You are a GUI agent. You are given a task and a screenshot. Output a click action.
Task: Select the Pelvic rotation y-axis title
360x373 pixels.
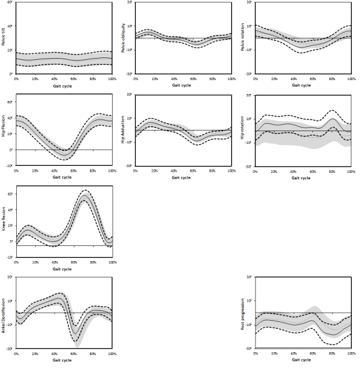244,39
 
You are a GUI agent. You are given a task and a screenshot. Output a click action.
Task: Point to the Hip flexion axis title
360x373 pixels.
3,131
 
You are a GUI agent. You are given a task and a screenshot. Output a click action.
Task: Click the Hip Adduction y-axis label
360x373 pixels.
123,131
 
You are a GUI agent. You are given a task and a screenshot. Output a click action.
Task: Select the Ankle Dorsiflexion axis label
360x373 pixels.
3,315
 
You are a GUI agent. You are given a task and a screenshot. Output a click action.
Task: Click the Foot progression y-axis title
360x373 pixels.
244,315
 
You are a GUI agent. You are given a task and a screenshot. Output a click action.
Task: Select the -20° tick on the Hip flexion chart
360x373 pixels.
10,166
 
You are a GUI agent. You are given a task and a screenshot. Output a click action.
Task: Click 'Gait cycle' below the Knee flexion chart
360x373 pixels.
63,269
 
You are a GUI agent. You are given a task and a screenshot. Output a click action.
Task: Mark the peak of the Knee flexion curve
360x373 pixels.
85,198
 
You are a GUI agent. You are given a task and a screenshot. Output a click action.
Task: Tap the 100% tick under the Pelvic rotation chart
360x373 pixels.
351,78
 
